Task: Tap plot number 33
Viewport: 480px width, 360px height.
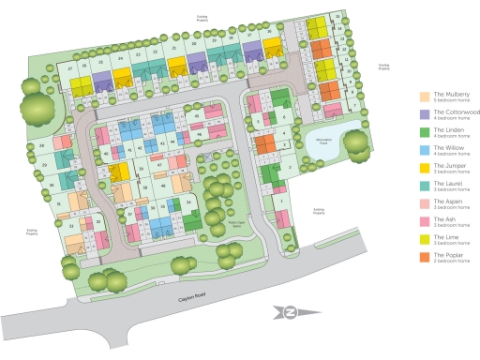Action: (x=71, y=226)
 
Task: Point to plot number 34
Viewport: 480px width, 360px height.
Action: (x=187, y=202)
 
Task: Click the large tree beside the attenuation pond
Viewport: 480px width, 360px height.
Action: (x=355, y=142)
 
